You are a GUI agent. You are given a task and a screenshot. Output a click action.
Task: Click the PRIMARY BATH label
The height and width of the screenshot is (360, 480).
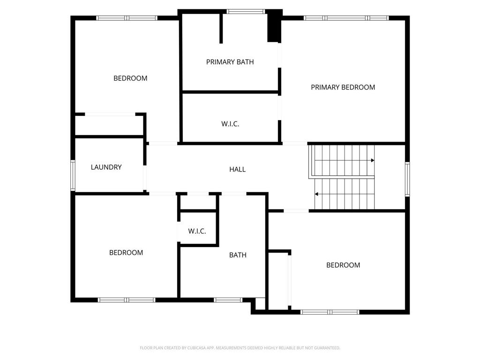click(x=230, y=62)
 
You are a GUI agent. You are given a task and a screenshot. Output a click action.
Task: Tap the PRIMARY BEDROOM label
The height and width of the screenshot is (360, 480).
click(x=343, y=87)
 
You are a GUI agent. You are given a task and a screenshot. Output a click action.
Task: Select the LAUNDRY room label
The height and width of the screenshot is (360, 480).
click(x=106, y=167)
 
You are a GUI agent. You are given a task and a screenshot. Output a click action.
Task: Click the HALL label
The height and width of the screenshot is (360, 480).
click(x=237, y=170)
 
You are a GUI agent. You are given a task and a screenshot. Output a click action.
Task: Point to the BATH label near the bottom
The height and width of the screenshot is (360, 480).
click(x=238, y=255)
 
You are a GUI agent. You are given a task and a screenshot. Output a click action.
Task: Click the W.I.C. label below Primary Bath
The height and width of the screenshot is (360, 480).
click(x=230, y=124)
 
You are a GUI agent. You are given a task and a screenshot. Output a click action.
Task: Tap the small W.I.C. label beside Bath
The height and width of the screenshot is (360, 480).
click(x=197, y=231)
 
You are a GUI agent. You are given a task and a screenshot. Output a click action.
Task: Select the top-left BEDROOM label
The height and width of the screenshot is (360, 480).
click(x=130, y=78)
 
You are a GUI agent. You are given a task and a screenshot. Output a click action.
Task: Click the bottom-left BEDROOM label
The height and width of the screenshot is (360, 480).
click(x=126, y=253)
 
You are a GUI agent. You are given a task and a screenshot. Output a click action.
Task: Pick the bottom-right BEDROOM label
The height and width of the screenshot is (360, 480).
click(x=343, y=265)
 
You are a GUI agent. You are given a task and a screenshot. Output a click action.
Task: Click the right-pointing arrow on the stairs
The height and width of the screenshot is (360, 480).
click(x=373, y=160)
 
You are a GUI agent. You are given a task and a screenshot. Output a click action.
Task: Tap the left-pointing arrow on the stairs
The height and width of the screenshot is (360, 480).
click(x=317, y=194)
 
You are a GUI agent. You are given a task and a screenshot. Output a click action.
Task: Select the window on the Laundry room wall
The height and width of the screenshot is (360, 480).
click(x=73, y=175)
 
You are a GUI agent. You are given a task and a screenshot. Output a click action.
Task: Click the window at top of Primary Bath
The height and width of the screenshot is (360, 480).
click(x=246, y=11)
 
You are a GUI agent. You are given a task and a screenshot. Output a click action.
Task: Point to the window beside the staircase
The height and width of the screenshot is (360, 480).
click(x=407, y=179)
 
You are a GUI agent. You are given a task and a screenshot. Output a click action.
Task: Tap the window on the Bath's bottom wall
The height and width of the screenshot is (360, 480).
click(x=228, y=300)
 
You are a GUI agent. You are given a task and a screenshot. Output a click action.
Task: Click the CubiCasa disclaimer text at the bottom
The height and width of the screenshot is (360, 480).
click(x=240, y=348)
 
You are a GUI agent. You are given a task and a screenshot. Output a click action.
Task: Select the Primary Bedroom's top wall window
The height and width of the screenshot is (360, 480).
click(x=346, y=18)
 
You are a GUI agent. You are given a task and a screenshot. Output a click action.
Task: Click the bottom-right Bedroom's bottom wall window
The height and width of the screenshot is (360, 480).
click(x=330, y=312)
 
